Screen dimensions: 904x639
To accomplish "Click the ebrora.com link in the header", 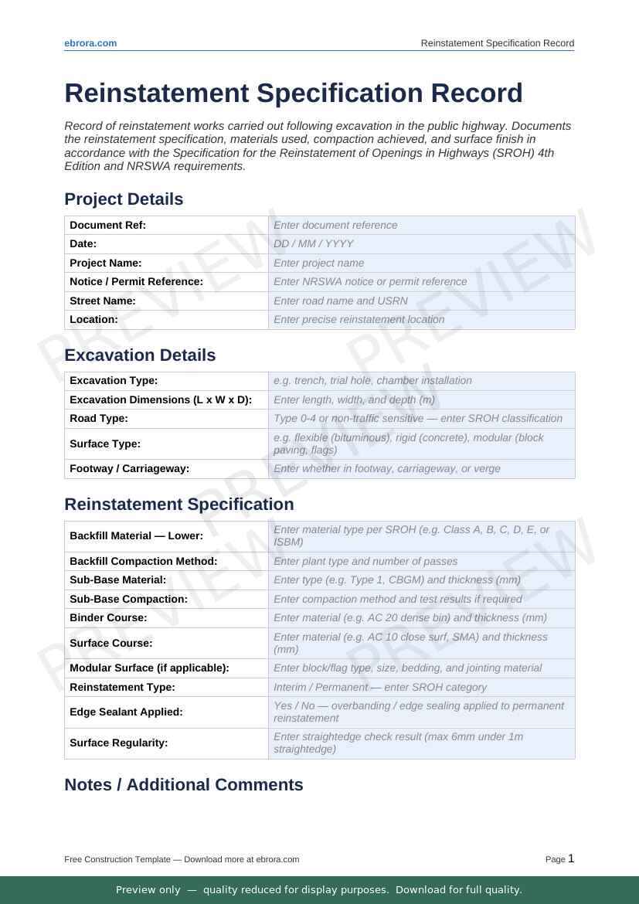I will tap(90, 43).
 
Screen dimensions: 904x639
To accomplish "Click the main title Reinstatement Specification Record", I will tap(294, 93).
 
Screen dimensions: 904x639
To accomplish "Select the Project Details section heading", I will tap(124, 199).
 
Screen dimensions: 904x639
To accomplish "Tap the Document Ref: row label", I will tap(107, 225).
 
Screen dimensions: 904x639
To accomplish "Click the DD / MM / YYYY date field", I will tap(421, 243).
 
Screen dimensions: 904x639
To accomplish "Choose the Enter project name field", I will tap(421, 263).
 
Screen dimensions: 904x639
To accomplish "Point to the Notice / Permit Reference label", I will tap(136, 282).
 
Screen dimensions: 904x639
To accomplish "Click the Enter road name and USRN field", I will tap(421, 301).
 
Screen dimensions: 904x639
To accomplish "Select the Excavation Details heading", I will tap(140, 355).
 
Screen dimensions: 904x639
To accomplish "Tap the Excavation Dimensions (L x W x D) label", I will tap(161, 399).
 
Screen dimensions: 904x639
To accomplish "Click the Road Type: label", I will tap(99, 419).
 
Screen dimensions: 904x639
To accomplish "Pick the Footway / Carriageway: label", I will tap(129, 468).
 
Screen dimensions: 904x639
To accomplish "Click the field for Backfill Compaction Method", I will tap(421, 561).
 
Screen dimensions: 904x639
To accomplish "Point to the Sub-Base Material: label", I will tap(117, 579).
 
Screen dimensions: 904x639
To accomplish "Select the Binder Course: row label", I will tap(108, 617).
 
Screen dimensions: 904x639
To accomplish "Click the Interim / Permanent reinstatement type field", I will tap(421, 687).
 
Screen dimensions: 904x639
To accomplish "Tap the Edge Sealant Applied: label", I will tap(126, 712).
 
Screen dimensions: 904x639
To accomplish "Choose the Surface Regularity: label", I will tap(119, 743).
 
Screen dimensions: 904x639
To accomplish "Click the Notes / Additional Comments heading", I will tap(183, 785).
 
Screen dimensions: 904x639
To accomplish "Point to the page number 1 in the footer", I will tap(571, 858).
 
